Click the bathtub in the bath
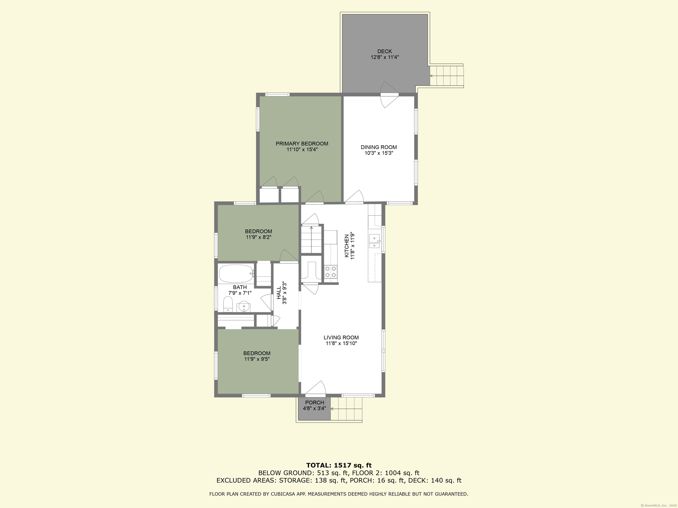pos(236,273)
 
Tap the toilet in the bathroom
pos(228,304)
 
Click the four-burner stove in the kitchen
pos(330,272)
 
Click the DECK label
pos(385,51)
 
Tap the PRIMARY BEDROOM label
pos(302,144)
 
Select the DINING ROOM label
pos(379,147)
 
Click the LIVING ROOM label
pos(341,337)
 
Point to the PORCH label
pos(315,402)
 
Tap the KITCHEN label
pos(347,246)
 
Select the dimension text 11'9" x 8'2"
pos(259,237)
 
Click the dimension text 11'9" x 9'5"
pos(257,359)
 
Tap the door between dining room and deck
pos(389,95)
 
